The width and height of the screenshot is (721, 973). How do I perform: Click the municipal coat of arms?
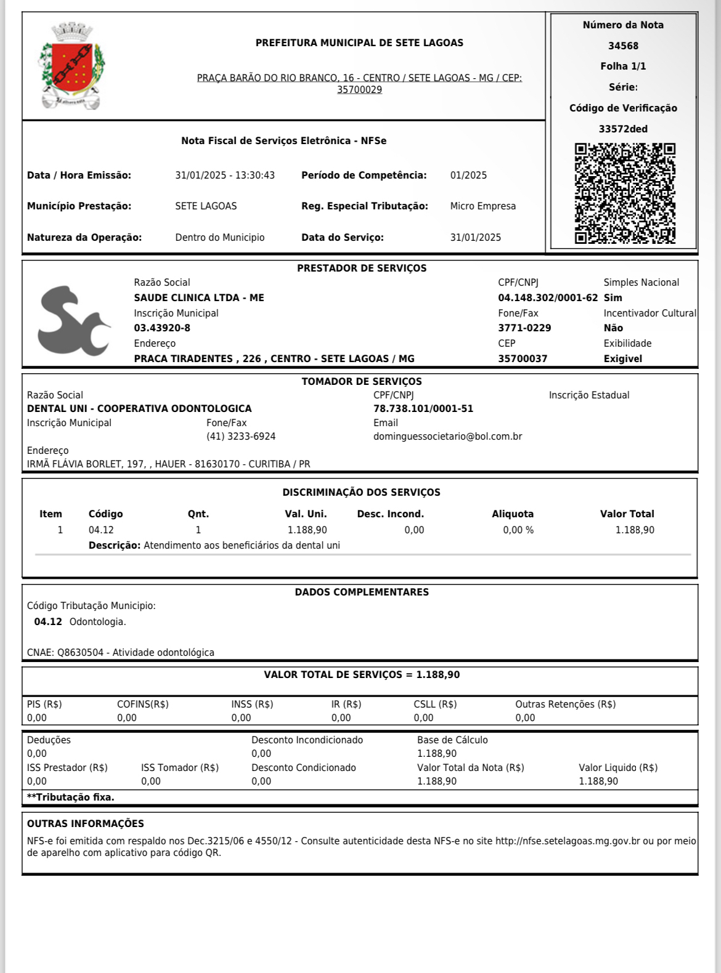[72, 67]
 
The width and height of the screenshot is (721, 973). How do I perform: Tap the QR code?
[625, 193]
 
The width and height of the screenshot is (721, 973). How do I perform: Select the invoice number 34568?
[623, 46]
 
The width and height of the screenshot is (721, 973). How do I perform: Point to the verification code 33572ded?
[623, 129]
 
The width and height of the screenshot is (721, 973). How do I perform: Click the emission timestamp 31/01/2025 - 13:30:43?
[225, 176]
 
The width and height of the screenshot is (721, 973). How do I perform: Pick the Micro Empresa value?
[483, 206]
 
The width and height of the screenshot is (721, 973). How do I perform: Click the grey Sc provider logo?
[73, 321]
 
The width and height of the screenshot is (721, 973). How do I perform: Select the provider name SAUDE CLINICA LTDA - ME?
[199, 298]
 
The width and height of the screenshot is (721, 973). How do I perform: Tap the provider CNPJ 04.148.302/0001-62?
[547, 298]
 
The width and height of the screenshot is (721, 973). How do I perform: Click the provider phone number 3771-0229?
[524, 328]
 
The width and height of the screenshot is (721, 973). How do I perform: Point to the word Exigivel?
[622, 359]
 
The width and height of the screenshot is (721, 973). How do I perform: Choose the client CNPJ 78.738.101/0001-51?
[423, 409]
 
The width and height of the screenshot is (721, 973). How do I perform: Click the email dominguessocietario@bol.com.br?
[447, 437]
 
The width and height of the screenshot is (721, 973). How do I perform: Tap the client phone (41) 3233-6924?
[241, 437]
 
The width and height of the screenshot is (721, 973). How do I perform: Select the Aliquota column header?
[512, 514]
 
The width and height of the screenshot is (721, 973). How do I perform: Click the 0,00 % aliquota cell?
[518, 530]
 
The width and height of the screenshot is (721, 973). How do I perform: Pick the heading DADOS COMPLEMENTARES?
[362, 592]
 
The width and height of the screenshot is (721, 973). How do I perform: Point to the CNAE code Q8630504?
[80, 653]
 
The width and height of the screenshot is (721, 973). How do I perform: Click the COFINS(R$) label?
[142, 705]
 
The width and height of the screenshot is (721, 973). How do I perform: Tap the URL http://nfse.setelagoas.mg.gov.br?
[568, 841]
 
